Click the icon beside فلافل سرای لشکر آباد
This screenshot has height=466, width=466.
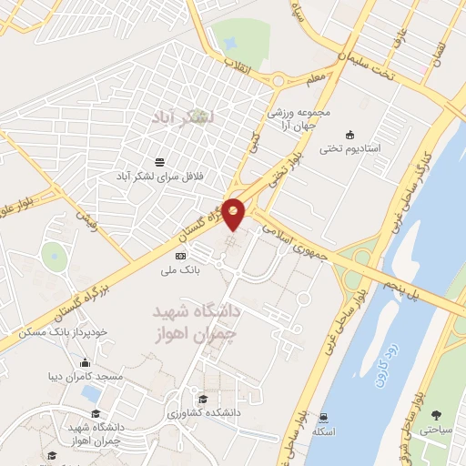pos(160,161)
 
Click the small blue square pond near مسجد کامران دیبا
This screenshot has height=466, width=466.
pos(90,393)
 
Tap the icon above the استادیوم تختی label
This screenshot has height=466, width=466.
pos(350,134)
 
